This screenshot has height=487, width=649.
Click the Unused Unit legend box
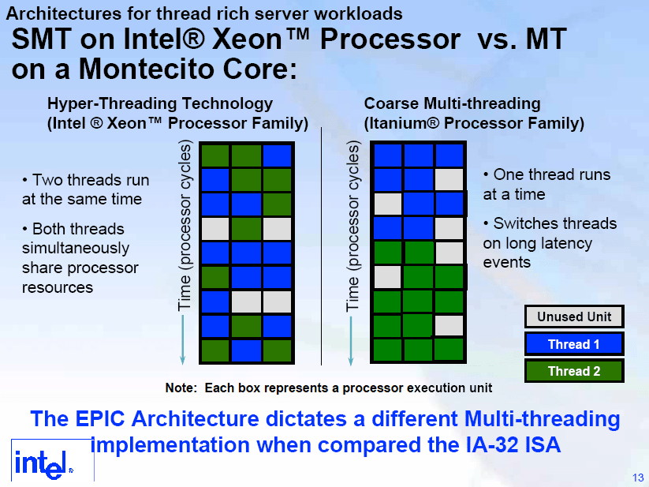[x=574, y=317]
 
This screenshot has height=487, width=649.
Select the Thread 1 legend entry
[x=574, y=344]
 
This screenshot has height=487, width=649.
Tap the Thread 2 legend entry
[x=574, y=371]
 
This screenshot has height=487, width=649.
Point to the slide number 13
[x=638, y=478]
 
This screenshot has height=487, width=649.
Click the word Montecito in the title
[x=147, y=69]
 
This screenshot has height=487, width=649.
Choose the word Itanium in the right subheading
[x=401, y=123]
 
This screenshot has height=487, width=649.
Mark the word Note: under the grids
[x=181, y=388]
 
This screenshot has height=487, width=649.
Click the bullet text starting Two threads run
[x=86, y=189]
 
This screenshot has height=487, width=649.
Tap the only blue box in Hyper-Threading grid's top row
[x=278, y=155]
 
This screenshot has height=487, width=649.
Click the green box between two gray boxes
[x=246, y=229]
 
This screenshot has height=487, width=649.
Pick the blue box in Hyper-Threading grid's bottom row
[x=246, y=351]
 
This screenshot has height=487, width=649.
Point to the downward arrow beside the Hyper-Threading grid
[x=182, y=339]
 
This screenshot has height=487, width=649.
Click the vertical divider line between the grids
[x=321, y=246]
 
